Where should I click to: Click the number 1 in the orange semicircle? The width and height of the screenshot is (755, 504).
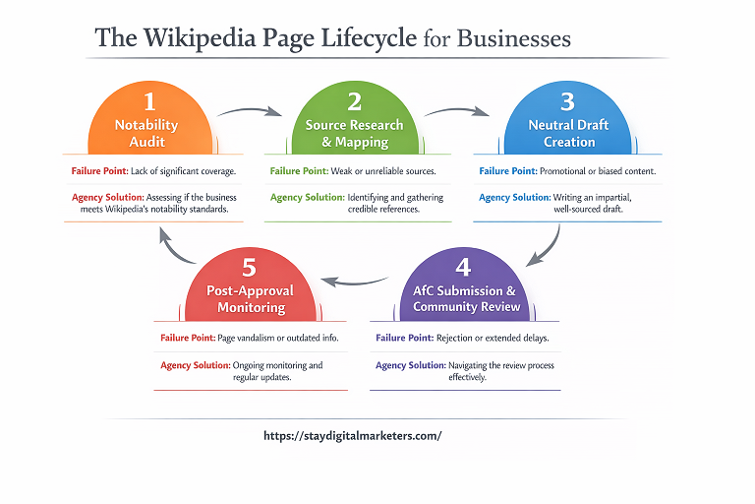point(148,100)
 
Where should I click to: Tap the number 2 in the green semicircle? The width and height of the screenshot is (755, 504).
point(355,100)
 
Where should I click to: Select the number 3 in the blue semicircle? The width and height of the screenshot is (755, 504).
point(567,100)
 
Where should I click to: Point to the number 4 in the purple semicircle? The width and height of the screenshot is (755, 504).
point(464,267)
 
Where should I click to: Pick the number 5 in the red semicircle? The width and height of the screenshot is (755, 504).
point(249,267)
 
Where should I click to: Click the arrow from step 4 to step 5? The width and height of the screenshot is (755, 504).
point(355,281)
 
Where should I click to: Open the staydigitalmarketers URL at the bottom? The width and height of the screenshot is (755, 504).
point(353,435)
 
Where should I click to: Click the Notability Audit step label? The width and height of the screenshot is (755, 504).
point(146,134)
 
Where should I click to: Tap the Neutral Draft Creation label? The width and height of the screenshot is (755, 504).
point(569,134)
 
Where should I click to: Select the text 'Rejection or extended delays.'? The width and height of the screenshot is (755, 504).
point(492,338)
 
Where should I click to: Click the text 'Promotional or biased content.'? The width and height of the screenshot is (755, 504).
point(597,171)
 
